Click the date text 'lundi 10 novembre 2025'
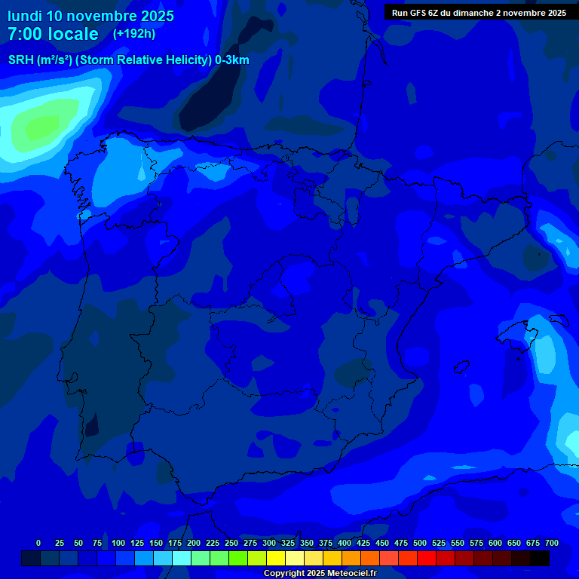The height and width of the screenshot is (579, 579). (90, 16)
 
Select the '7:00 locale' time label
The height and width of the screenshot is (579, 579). (53, 34)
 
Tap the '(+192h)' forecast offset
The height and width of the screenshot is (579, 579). (133, 33)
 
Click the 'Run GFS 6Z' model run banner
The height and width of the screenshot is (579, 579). (479, 13)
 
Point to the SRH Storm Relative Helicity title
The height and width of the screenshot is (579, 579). (129, 60)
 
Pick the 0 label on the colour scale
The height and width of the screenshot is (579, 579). (38, 543)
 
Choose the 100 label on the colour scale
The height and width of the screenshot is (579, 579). (118, 543)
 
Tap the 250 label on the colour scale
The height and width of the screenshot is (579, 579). (231, 543)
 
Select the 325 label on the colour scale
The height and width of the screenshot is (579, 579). (288, 543)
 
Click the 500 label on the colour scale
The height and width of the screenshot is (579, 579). (420, 543)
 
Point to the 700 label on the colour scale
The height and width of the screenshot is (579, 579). (552, 543)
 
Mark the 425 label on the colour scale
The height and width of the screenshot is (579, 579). (363, 543)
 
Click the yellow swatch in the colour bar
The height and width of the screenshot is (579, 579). (276, 558)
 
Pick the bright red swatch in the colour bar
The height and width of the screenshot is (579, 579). (427, 558)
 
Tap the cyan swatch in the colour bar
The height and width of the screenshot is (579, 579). (182, 558)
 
